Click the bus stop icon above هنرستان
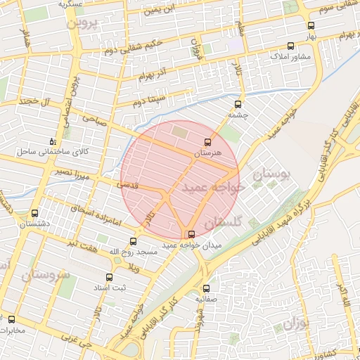point(207,142)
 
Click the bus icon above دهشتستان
point(35,213)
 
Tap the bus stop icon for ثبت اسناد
point(108,277)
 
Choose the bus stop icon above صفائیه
point(206,288)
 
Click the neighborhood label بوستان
point(271,174)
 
